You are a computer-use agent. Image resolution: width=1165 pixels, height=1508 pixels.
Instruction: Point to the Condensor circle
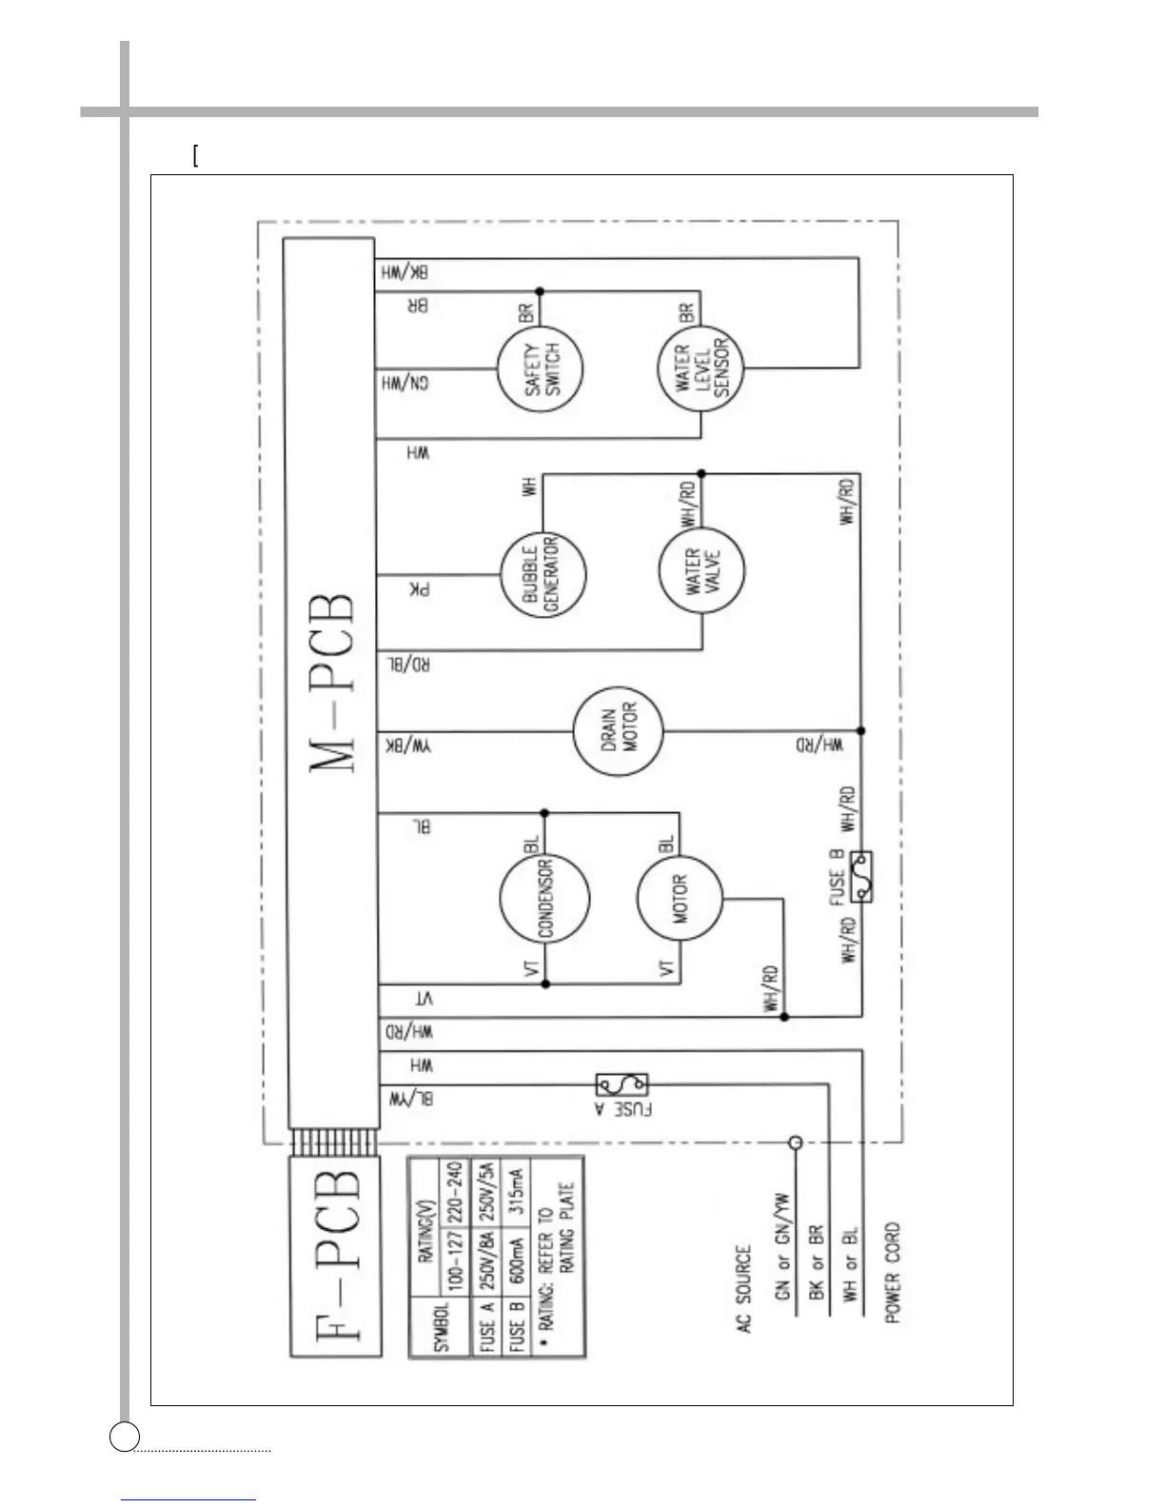point(544,900)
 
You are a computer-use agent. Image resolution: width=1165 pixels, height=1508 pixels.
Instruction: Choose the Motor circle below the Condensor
point(680,900)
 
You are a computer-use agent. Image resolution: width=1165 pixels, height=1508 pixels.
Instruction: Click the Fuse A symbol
point(622,1084)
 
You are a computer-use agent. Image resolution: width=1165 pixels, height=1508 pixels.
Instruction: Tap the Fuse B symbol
point(861,876)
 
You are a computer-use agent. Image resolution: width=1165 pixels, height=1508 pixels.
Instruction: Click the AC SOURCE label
point(743,1289)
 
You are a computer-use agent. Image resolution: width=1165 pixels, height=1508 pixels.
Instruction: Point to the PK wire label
point(420,590)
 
